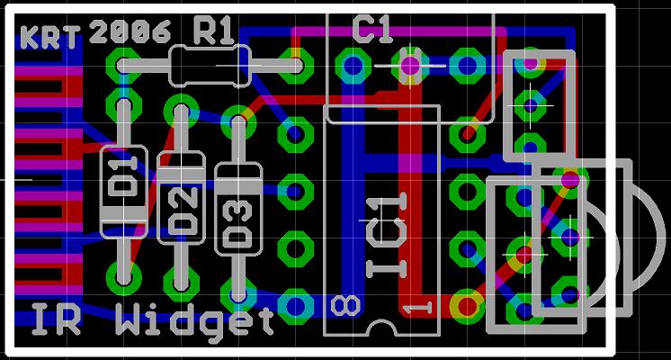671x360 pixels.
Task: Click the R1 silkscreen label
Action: (x=213, y=31)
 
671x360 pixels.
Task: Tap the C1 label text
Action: (x=372, y=29)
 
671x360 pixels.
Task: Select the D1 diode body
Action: (x=123, y=192)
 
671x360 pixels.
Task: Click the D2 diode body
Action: (x=181, y=198)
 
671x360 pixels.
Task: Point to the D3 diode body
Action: (x=238, y=209)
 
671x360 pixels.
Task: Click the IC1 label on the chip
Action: (x=387, y=235)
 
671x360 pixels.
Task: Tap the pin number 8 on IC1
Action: (x=345, y=306)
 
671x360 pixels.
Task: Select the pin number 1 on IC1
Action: (x=417, y=308)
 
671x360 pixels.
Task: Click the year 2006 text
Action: (x=130, y=31)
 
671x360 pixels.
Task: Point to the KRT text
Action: (x=50, y=37)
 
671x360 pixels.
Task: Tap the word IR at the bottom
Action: (x=56, y=319)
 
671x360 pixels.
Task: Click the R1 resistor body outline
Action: (x=210, y=66)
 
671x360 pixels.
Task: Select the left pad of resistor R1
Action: (x=123, y=66)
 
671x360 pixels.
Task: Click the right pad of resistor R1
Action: (x=295, y=66)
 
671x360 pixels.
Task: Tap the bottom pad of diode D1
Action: (x=123, y=278)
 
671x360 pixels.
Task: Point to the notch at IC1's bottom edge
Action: (x=381, y=328)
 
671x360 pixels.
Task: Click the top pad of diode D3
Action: (x=238, y=122)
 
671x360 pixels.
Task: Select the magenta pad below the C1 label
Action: (x=410, y=66)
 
